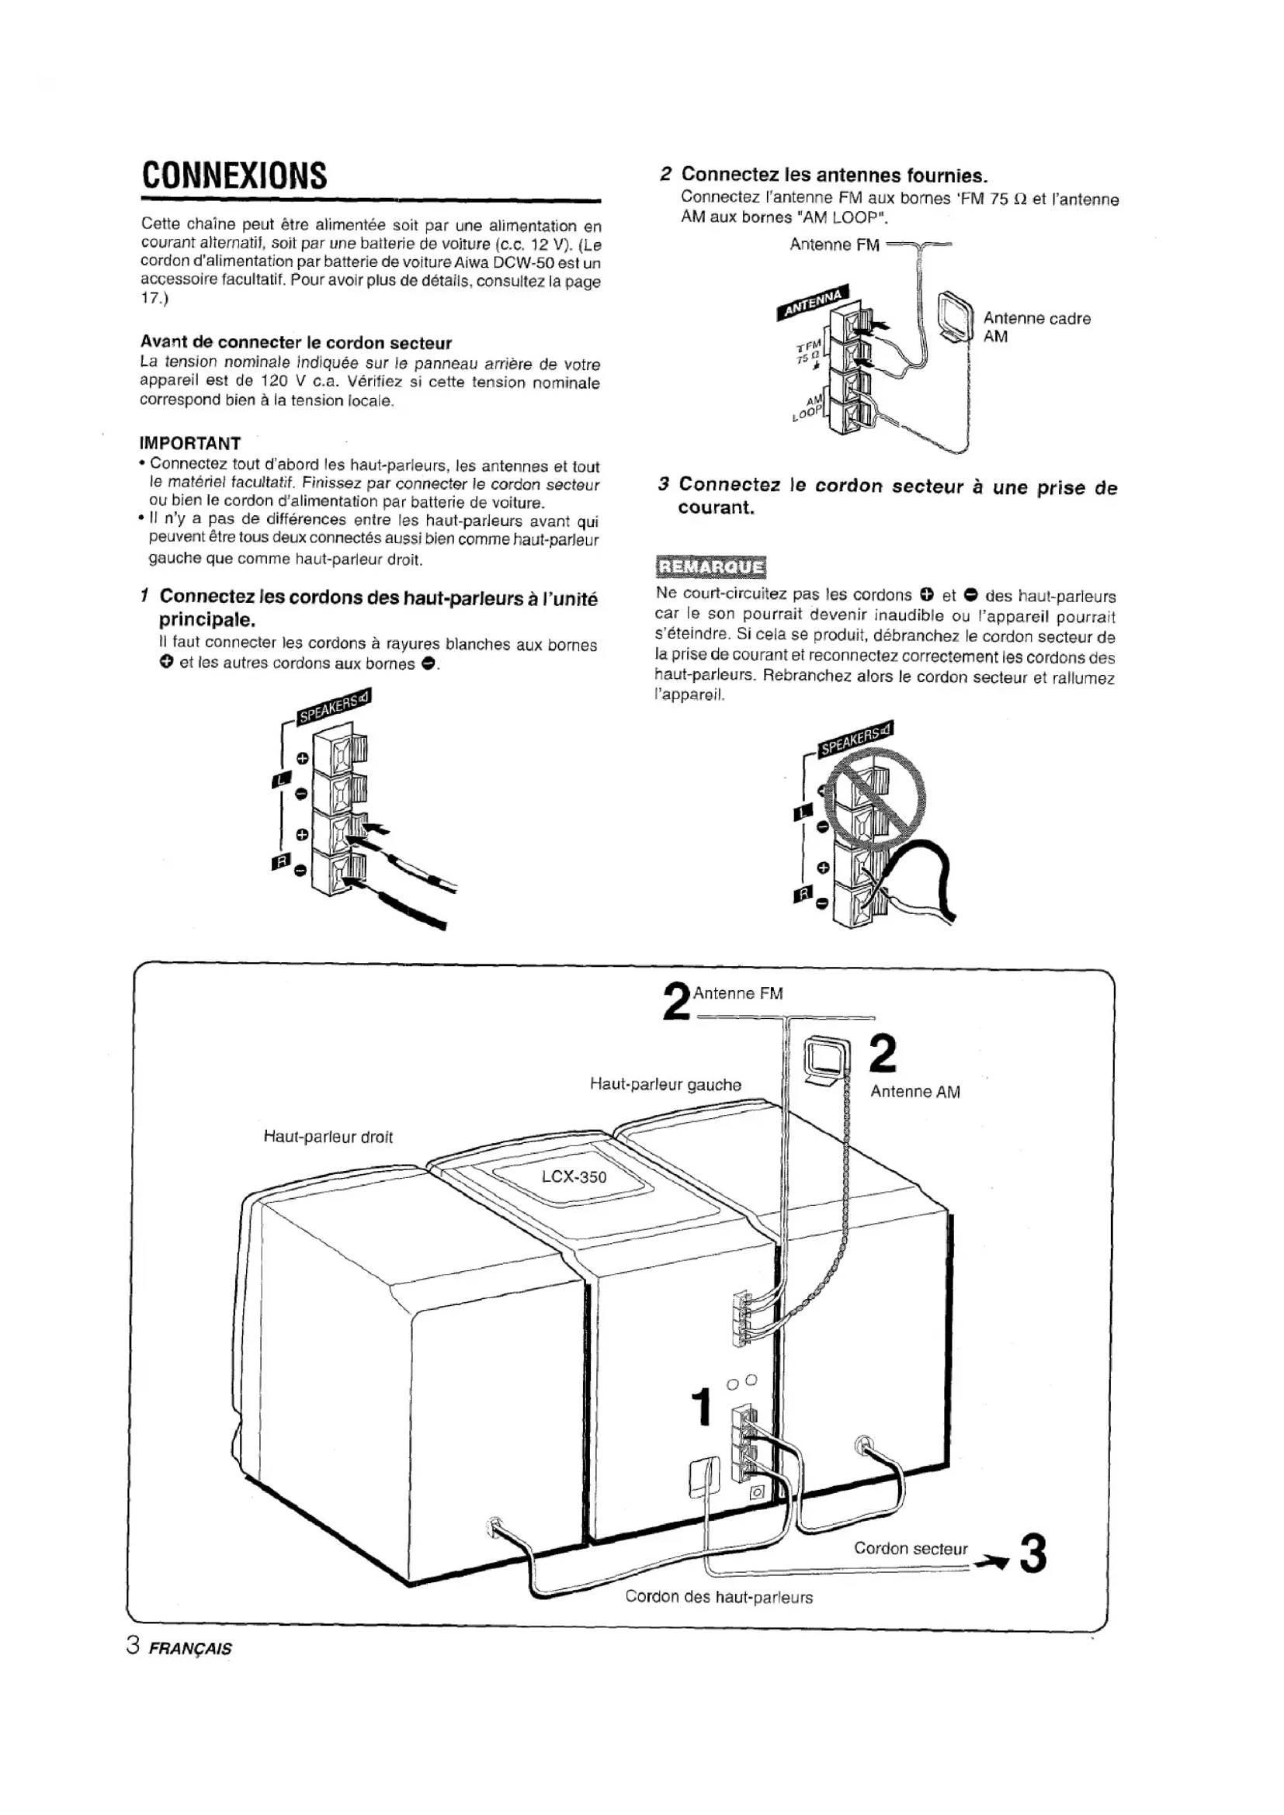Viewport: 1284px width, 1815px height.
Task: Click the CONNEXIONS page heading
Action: (234, 175)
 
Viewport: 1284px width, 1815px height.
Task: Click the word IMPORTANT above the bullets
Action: (190, 442)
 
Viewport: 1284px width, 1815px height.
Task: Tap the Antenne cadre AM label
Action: (1036, 327)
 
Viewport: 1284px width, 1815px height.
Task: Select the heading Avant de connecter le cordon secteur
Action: (296, 342)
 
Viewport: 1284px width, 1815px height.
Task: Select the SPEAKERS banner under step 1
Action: (333, 706)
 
